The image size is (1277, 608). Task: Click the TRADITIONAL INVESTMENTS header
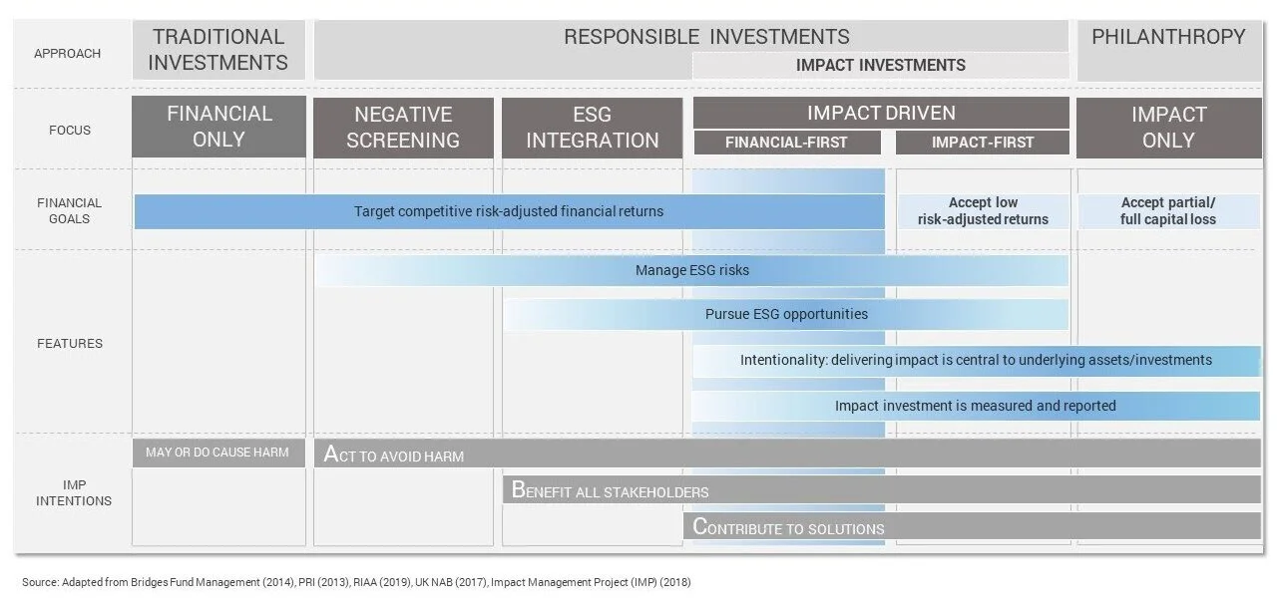coord(219,50)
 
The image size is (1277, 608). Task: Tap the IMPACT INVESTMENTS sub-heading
coord(880,65)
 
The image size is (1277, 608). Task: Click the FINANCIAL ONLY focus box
coord(219,127)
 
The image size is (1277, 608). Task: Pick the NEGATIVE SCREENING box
coord(403,127)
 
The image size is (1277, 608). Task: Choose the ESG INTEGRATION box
coord(592,127)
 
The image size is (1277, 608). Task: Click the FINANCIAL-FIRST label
coord(786,143)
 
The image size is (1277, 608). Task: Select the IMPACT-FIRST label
coord(983,143)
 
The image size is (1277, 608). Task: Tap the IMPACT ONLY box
coord(1168,127)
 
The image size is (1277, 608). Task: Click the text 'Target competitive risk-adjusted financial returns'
coord(508,211)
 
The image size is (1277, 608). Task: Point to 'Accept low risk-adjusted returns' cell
coord(983,211)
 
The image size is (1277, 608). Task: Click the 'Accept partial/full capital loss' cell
coord(1168,211)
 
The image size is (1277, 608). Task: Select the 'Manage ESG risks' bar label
coord(691,270)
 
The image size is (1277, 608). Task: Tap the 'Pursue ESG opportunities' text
coord(786,314)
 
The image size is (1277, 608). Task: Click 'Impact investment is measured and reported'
coord(975,406)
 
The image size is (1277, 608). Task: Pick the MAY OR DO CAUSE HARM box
coord(216,453)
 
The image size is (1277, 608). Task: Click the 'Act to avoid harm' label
coord(394,456)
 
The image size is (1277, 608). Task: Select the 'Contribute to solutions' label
coord(788,527)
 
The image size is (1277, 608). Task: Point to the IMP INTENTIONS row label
coord(73,492)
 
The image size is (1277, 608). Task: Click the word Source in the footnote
coord(40,581)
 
